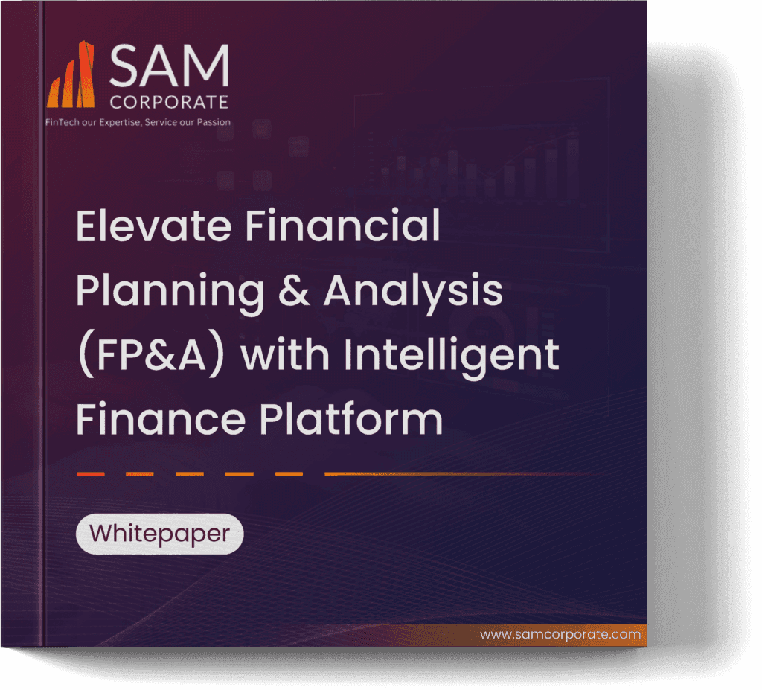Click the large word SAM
pyautogui.click(x=168, y=66)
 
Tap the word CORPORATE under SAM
pyautogui.click(x=168, y=101)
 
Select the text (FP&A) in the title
pyautogui.click(x=153, y=356)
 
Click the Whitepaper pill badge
pyautogui.click(x=159, y=534)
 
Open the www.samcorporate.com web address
pyautogui.click(x=560, y=635)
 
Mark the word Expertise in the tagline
pyautogui.click(x=116, y=122)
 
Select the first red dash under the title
pyautogui.click(x=90, y=473)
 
